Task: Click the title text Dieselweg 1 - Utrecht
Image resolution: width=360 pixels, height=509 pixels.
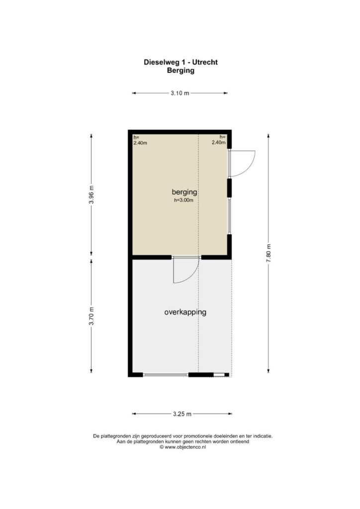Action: point(180,62)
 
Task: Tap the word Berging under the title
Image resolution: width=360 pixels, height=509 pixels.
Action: point(180,71)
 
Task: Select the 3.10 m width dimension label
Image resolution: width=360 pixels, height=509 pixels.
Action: point(180,93)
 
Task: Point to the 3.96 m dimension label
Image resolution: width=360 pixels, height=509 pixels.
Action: point(91,195)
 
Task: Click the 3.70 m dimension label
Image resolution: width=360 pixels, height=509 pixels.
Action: point(91,316)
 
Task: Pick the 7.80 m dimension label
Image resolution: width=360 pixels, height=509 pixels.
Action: point(269,253)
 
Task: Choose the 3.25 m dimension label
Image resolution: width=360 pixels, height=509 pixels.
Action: point(182,414)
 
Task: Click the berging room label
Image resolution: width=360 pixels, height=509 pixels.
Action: point(184,192)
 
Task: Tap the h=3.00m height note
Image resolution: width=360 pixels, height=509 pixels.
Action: point(184,200)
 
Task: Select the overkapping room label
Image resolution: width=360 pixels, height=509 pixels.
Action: point(185,312)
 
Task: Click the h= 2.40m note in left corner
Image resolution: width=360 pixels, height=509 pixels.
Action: point(140,140)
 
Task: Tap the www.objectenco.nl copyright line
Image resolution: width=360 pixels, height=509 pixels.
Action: point(183,447)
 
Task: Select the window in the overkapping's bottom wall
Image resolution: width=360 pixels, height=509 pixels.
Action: point(166,375)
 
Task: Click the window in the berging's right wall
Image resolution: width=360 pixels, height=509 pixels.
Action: point(229,216)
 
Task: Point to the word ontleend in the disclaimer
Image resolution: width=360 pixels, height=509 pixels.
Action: point(240,441)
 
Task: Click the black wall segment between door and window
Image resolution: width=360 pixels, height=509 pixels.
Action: point(229,187)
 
